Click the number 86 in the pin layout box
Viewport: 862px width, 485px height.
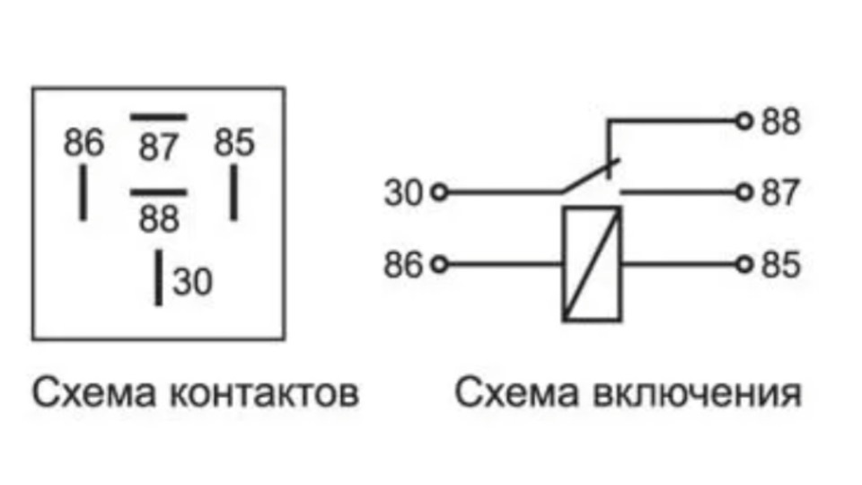pos(84,143)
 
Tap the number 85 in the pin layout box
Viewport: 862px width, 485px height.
pos(233,142)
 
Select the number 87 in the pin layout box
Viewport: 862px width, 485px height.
pos(159,148)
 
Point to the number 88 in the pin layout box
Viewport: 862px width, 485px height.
pos(159,218)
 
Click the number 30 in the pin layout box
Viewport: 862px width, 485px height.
pos(193,282)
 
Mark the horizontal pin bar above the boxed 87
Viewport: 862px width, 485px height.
pos(159,117)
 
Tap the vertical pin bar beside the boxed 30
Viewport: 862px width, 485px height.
pos(159,278)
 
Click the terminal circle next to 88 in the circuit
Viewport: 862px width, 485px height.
pos(743,120)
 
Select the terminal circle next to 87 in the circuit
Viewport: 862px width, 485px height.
pos(743,192)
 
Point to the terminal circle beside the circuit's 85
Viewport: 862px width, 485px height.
pos(743,264)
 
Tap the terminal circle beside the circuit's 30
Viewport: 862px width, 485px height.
pos(439,192)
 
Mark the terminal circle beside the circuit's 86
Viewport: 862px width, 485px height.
pos(439,264)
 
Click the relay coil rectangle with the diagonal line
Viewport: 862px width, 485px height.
pos(592,263)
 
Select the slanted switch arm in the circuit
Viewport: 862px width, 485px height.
pos(590,176)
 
